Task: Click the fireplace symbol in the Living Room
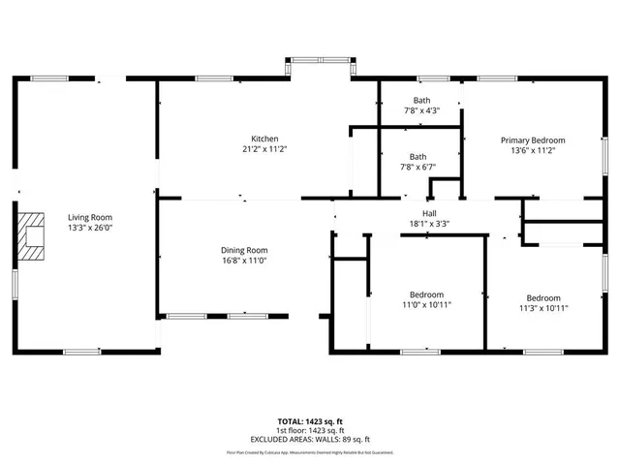[34, 235]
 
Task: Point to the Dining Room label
[244, 249]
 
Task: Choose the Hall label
[429, 213]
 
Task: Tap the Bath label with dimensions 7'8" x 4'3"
[421, 100]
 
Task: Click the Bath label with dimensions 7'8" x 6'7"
[418, 156]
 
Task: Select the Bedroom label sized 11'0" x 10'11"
[426, 294]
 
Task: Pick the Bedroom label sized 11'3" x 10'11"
[542, 297]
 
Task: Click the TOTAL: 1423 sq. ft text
[310, 422]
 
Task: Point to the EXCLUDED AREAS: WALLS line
[310, 438]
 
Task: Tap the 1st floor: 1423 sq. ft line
[310, 430]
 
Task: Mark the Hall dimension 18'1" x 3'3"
[429, 224]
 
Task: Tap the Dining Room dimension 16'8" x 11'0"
[244, 260]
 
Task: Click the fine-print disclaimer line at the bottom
[310, 451]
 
